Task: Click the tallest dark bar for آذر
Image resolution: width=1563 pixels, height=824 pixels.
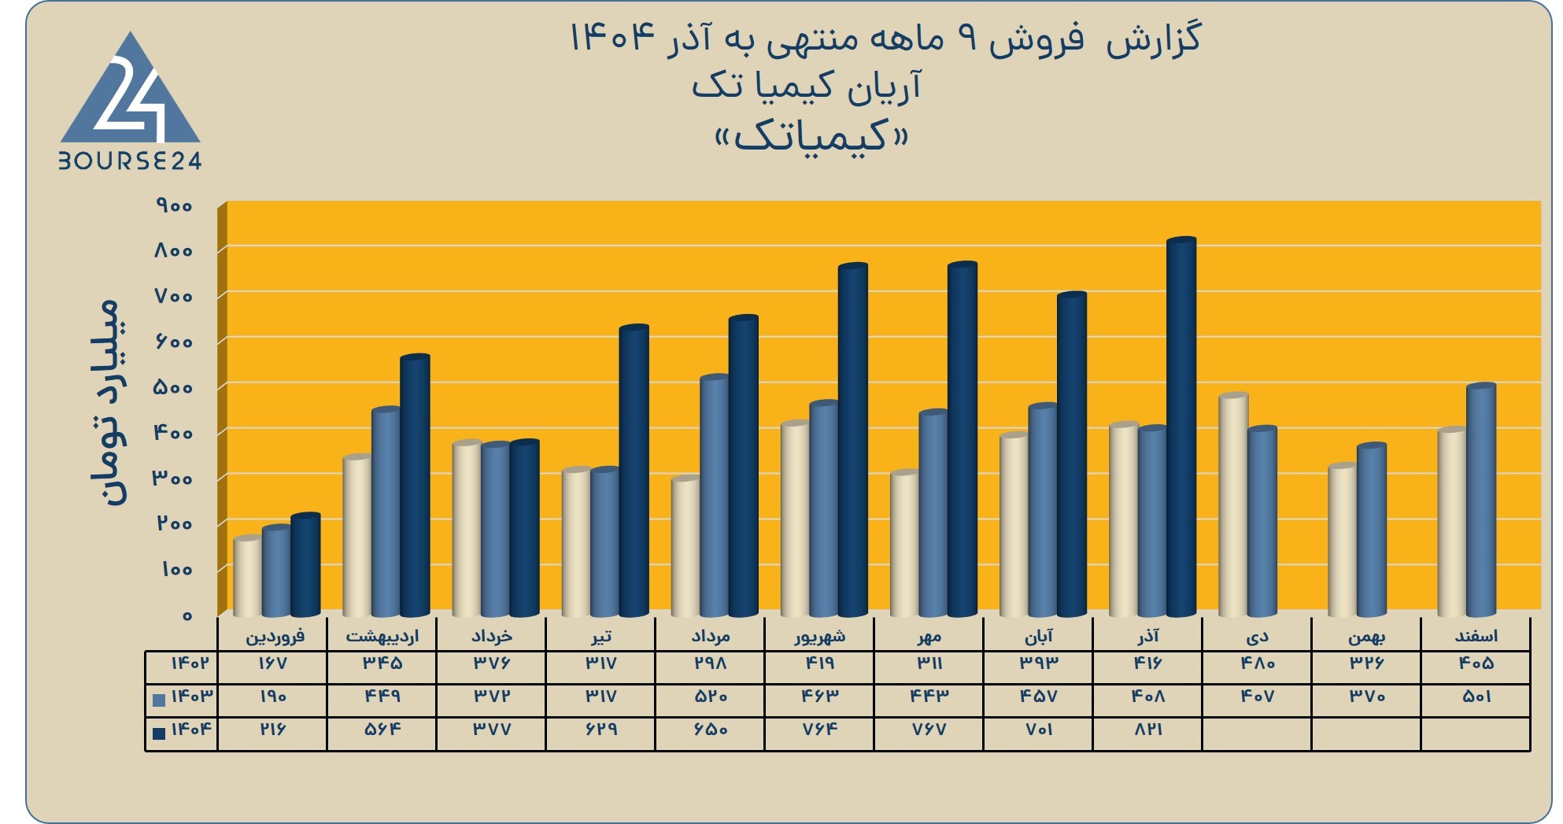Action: click(1181, 427)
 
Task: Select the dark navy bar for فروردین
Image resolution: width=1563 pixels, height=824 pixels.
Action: click(305, 565)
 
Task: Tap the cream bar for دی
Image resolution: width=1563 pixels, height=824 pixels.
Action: click(1233, 504)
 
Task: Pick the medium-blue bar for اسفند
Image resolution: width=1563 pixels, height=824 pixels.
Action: click(1481, 500)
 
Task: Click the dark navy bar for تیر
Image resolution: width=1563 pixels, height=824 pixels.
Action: click(634, 471)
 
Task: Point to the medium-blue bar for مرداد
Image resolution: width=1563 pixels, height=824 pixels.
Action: click(715, 496)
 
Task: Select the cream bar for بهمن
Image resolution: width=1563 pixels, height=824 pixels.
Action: click(1343, 540)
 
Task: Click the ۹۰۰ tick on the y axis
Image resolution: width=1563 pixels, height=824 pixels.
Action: click(174, 206)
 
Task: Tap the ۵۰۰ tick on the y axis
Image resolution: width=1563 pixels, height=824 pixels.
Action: click(174, 388)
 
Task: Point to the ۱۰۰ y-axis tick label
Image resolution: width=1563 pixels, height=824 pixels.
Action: click(176, 569)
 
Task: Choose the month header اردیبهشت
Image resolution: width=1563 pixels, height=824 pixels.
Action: click(382, 636)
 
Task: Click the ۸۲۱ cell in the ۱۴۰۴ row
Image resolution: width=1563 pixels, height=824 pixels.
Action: click(1148, 730)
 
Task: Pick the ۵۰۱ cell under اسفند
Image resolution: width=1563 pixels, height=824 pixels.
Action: click(1476, 697)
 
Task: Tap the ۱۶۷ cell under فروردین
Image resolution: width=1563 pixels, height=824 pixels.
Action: click(272, 663)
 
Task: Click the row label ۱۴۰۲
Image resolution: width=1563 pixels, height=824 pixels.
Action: click(191, 663)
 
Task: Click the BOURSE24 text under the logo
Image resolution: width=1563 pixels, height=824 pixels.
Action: click(130, 161)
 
